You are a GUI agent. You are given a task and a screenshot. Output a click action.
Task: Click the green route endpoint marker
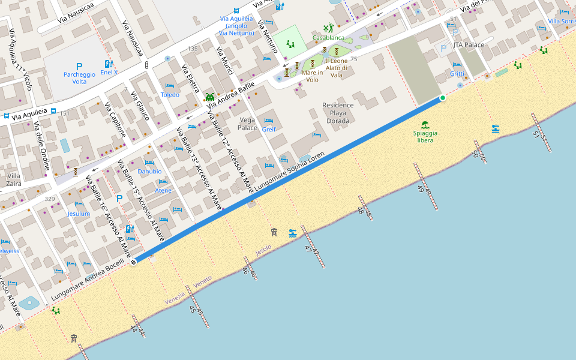click(x=443, y=98)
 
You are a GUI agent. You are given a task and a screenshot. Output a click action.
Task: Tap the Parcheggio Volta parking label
click(x=79, y=77)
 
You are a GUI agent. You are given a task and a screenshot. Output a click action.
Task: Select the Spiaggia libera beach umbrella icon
click(x=425, y=125)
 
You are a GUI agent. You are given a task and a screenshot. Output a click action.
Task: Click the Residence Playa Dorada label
click(x=338, y=113)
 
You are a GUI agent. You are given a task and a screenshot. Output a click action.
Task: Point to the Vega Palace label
click(x=247, y=124)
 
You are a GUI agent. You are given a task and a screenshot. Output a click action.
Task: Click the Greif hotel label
click(x=269, y=129)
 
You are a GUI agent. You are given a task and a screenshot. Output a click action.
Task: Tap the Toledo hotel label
click(x=170, y=95)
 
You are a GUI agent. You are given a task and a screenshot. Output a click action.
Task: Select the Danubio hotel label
click(x=149, y=171)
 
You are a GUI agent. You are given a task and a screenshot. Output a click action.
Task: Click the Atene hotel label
click(x=163, y=190)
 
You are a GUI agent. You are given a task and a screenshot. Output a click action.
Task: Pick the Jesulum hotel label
click(x=79, y=214)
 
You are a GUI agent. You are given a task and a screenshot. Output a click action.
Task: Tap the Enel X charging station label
click(x=109, y=72)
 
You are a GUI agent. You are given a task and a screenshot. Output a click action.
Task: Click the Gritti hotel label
click(x=457, y=74)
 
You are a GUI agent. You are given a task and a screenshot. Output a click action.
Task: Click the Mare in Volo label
click(x=312, y=76)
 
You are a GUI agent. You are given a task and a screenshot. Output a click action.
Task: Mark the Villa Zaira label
click(x=13, y=179)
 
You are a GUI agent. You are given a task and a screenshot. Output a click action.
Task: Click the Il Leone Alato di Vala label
click(x=336, y=67)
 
